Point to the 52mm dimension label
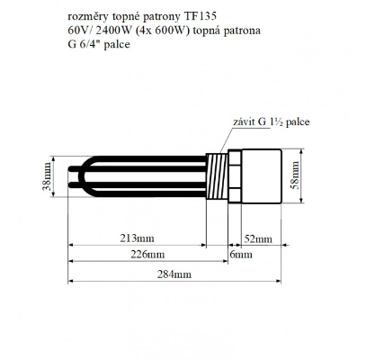click(259, 238)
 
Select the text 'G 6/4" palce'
click(96, 43)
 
